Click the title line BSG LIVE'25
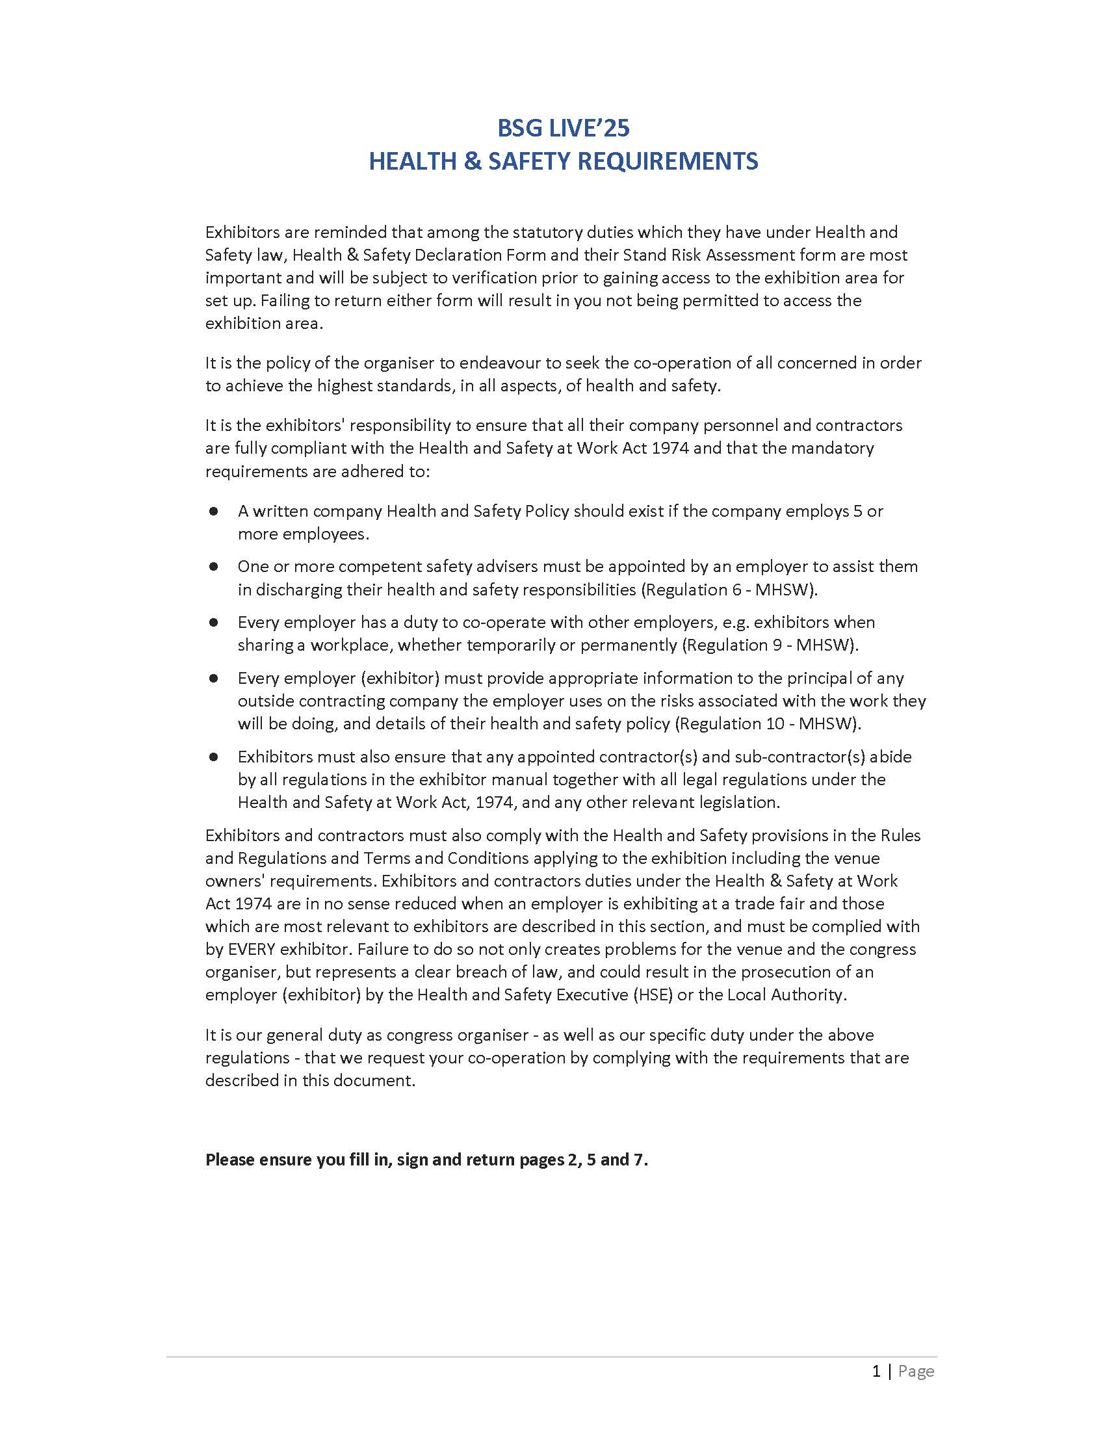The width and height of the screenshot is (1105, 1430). (x=563, y=128)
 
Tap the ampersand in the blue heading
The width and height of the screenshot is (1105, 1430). (x=471, y=161)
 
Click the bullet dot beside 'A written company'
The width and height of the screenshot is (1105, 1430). (x=213, y=511)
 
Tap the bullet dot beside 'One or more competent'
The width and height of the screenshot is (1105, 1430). (x=213, y=566)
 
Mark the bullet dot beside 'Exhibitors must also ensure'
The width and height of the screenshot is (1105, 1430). (x=213, y=756)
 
